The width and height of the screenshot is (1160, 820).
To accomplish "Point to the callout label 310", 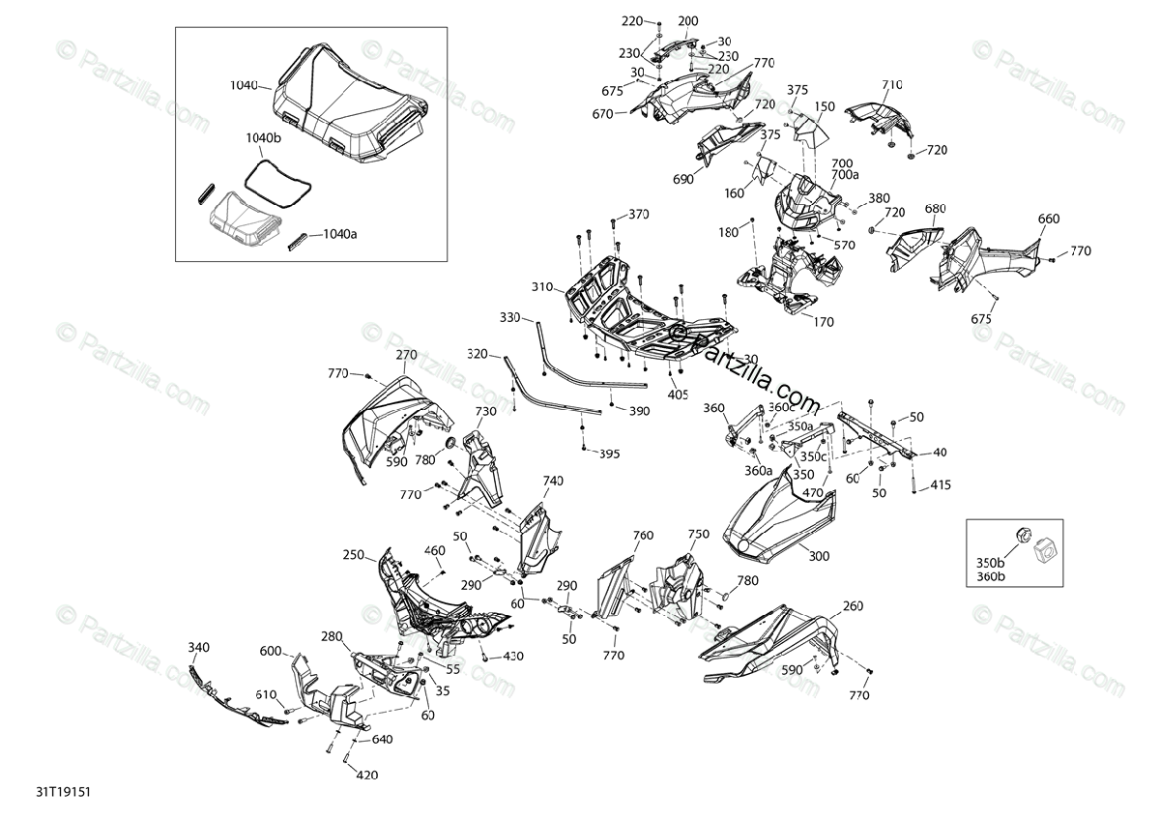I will pyautogui.click(x=540, y=287).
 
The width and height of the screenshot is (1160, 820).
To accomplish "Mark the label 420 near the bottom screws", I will pyautogui.click(x=367, y=775).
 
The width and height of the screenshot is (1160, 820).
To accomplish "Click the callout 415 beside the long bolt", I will pyautogui.click(x=941, y=485).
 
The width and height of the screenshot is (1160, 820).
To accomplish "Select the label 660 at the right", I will pyautogui.click(x=1049, y=219).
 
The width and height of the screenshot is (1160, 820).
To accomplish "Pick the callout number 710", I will pyautogui.click(x=890, y=85).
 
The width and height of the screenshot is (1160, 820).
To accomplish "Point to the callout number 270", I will pyautogui.click(x=406, y=355).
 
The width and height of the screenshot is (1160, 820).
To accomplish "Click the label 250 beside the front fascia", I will pyautogui.click(x=353, y=555).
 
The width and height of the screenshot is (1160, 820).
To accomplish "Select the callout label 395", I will pyautogui.click(x=609, y=453).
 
